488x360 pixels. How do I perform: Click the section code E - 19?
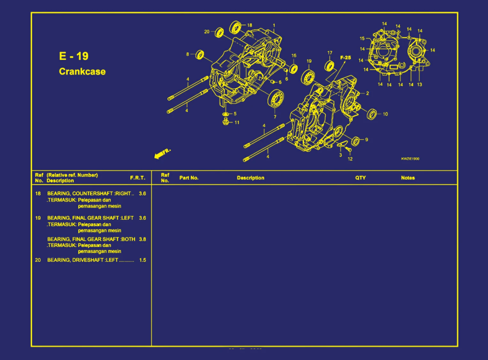click(x=73, y=56)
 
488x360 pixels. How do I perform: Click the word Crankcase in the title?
click(x=82, y=71)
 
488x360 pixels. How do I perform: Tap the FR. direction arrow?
click(x=162, y=154)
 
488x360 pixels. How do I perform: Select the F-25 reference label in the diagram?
click(x=345, y=58)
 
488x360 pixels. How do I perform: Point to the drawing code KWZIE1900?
click(x=410, y=159)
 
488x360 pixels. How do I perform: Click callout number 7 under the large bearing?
click(x=275, y=117)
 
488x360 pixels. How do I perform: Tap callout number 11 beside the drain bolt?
click(x=237, y=122)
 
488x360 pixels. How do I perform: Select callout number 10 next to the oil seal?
click(x=385, y=114)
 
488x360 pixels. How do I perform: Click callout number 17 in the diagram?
click(x=330, y=53)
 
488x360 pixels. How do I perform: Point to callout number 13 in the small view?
click(x=419, y=85)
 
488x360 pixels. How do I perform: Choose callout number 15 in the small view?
click(x=362, y=39)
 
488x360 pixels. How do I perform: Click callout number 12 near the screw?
click(x=350, y=159)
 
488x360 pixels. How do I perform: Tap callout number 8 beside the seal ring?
click(x=188, y=54)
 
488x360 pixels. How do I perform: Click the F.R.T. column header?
click(x=137, y=178)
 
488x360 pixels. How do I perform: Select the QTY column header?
click(x=360, y=178)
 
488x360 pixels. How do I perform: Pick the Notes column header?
click(x=408, y=178)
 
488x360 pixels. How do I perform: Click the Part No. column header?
click(x=189, y=178)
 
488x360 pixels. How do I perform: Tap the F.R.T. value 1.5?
click(x=142, y=260)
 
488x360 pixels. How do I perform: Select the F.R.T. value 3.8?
click(x=142, y=239)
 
